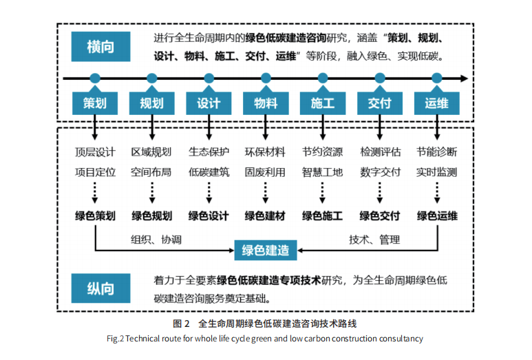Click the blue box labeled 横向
coord(100,47)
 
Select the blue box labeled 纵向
coord(100,289)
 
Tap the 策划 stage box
coord(95,103)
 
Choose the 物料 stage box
coord(266,103)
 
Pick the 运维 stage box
coord(436,103)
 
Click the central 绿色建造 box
coord(266,249)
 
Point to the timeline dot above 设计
coord(209,78)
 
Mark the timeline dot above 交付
coord(380,78)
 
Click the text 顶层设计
coord(95,152)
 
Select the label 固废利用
coord(265,172)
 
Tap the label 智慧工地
coord(322,172)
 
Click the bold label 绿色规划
coord(152,216)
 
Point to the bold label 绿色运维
coord(437,216)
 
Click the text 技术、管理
coord(374,240)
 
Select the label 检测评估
coord(380,152)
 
